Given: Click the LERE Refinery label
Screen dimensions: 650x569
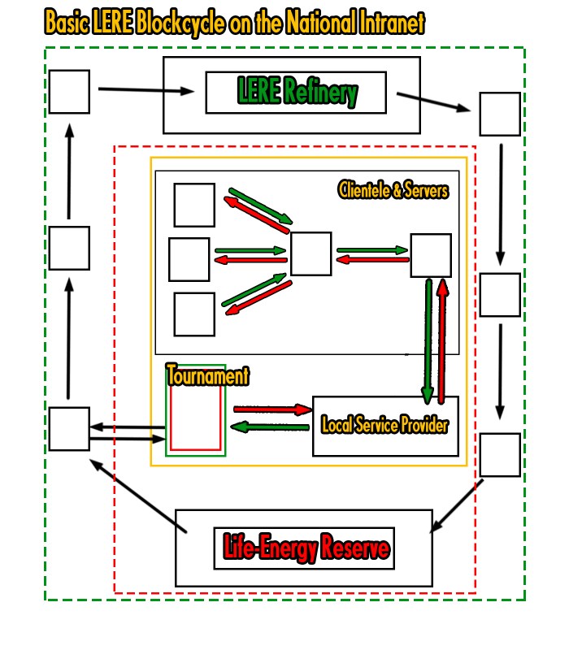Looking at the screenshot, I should click(297, 93).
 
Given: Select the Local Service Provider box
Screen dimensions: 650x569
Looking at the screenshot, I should click(385, 426).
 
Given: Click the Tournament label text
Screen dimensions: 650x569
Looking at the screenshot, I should click(207, 376).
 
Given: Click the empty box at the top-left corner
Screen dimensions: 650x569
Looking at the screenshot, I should click(69, 92).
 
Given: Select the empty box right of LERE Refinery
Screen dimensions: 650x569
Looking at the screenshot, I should click(499, 114).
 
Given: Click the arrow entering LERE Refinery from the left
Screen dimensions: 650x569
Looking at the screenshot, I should click(146, 90).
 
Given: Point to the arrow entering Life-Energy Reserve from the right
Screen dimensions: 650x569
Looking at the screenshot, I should click(457, 505).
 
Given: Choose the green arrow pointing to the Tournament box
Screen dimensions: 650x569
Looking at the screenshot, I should click(270, 427).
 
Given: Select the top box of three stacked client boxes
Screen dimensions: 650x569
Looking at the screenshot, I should click(195, 205).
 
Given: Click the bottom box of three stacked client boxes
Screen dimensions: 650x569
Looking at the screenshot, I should click(195, 314).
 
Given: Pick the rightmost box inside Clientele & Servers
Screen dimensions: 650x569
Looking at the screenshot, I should click(430, 255).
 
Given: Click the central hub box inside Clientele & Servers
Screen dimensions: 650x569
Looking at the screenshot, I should click(311, 253).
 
